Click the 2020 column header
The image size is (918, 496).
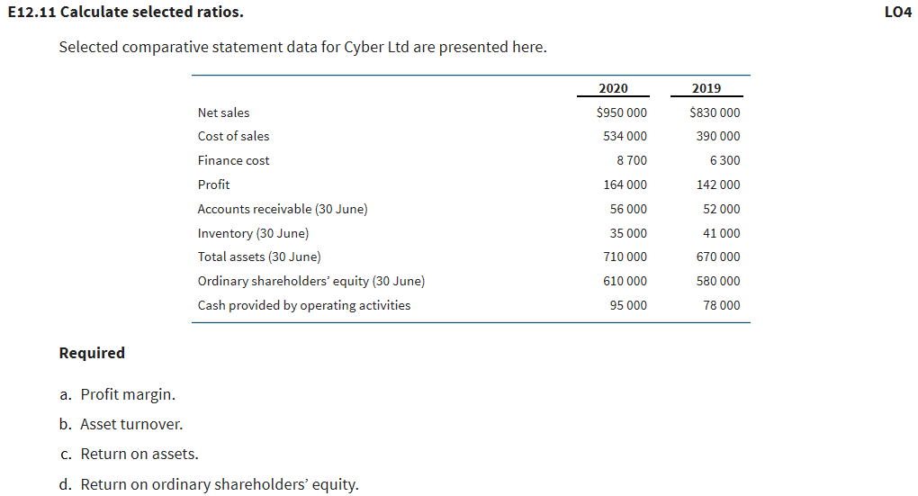tap(613, 88)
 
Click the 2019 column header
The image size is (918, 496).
tap(706, 88)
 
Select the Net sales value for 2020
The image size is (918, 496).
tap(621, 113)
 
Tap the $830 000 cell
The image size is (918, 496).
tap(715, 113)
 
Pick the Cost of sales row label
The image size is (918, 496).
tap(233, 136)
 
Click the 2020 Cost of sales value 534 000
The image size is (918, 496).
tap(625, 136)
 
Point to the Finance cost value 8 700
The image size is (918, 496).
tap(631, 160)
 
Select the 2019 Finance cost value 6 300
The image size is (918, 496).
tap(724, 160)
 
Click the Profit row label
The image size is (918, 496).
tap(213, 185)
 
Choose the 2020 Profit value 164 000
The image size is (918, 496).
tap(625, 185)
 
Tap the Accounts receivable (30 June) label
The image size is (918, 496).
tap(283, 209)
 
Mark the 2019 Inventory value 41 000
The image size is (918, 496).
tap(722, 233)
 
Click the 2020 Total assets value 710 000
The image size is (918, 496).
tap(625, 257)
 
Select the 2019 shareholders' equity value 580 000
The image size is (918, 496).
tap(718, 281)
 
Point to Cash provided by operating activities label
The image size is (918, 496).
tap(304, 305)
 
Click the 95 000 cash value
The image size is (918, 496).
tap(628, 305)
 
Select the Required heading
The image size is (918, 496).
tap(92, 353)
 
